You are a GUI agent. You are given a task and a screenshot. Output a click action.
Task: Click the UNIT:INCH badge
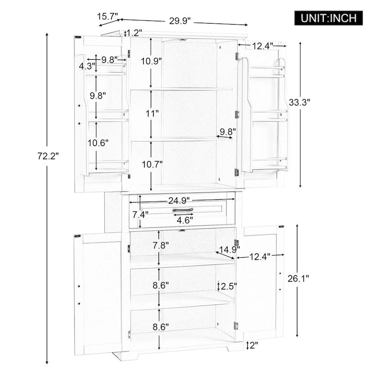tap(328, 18)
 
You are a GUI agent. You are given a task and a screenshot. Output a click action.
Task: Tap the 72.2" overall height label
tap(48, 156)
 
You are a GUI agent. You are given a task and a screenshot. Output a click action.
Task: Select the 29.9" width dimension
tap(180, 21)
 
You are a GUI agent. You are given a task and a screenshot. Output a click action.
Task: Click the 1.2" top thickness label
tap(134, 33)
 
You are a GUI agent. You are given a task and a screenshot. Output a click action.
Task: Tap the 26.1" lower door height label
tap(311, 278)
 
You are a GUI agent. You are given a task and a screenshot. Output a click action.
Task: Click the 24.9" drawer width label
tap(180, 200)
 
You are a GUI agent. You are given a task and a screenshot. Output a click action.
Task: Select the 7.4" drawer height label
tap(140, 215)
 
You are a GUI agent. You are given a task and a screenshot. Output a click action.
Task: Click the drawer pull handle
tap(183, 210)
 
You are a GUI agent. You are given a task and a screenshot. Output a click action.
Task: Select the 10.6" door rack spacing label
tap(98, 143)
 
